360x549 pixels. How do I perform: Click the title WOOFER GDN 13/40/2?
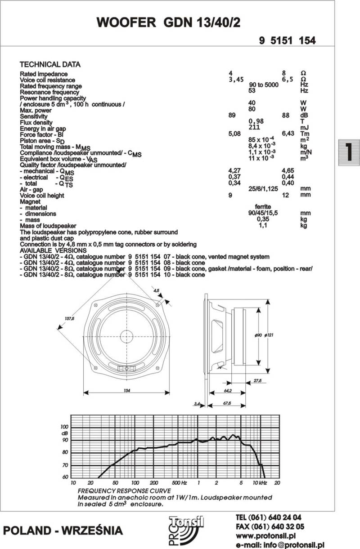[168, 23]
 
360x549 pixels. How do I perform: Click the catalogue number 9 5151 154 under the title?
[287, 41]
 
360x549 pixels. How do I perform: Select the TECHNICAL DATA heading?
[50, 64]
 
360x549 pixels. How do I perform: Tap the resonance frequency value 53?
[252, 91]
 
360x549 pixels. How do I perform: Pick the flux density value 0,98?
[256, 121]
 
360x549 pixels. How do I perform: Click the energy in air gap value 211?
[255, 127]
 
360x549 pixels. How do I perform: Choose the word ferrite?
[263, 207]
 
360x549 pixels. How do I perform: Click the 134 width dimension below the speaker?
[127, 391]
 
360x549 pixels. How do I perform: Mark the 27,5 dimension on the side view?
[257, 381]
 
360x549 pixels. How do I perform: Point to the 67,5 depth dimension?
[227, 404]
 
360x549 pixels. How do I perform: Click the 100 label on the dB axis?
[65, 427]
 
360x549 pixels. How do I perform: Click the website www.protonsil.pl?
[265, 536]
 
